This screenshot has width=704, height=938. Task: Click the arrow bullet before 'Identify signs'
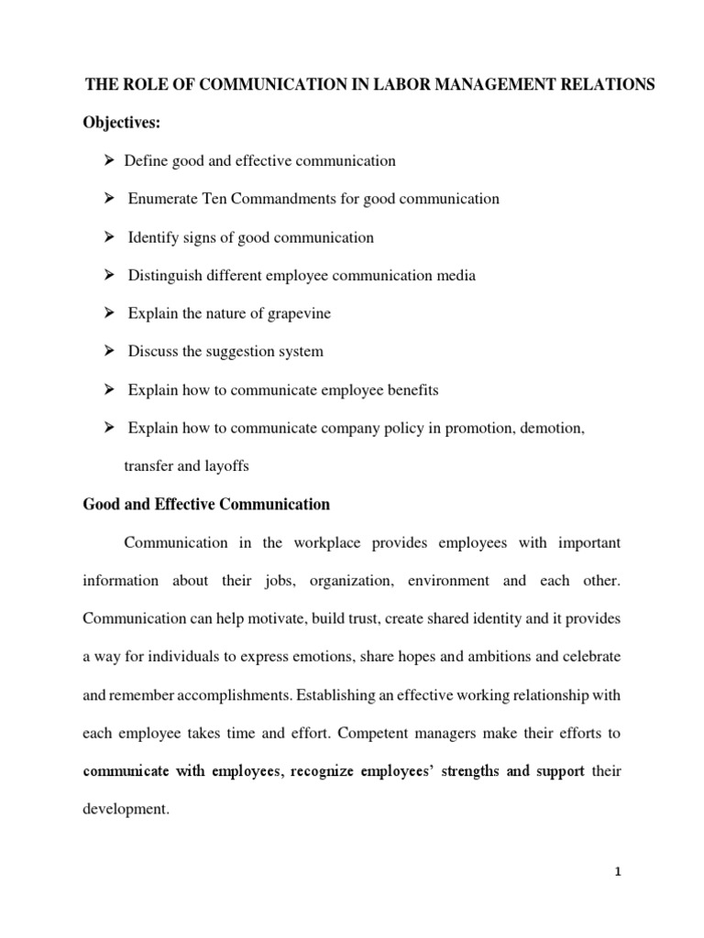[x=107, y=237]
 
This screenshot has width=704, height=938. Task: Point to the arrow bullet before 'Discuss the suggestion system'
[x=107, y=351]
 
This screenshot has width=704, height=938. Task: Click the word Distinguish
[x=166, y=275]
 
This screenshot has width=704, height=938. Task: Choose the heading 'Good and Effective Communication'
[x=206, y=504]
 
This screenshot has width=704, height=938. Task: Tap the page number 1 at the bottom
[x=619, y=898]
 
